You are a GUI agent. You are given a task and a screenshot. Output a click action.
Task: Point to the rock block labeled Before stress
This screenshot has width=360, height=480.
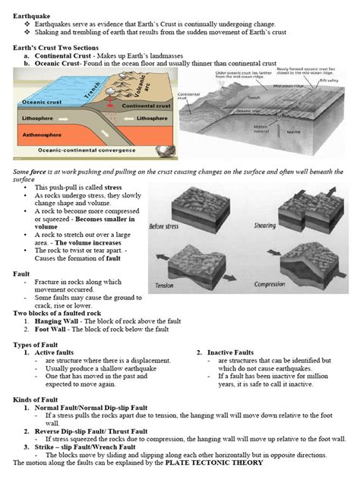click(182, 204)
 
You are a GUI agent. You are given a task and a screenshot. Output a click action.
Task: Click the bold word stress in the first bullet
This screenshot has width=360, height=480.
click(112, 186)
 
